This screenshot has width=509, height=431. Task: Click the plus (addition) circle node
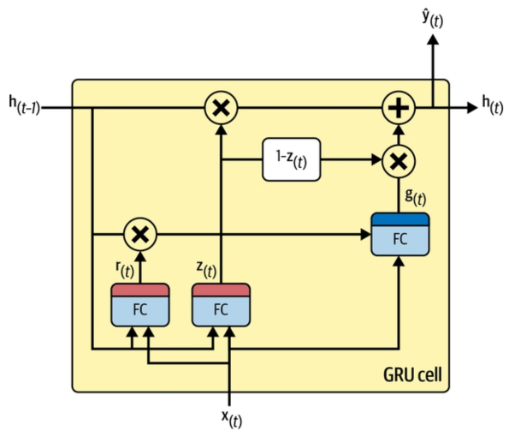399,108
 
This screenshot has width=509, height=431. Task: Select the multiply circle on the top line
221,108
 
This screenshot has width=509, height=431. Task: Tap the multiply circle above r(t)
140,234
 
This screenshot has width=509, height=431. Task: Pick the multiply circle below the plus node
399,161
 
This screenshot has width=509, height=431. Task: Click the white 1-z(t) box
292,159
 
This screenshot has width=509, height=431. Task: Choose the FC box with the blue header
400,235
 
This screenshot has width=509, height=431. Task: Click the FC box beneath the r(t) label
140,305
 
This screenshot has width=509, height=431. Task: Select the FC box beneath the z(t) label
221,305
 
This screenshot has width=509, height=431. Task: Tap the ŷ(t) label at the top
433,19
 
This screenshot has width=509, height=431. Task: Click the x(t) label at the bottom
232,419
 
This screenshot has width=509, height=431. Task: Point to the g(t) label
416,197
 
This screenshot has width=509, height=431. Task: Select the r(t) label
125,269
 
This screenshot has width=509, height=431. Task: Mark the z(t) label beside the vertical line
206,269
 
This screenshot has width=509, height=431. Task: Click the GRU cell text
412,374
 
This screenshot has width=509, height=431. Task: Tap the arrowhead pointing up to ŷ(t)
433,39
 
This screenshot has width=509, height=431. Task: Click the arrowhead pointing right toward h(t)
472,108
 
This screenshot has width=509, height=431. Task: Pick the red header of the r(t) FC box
140,290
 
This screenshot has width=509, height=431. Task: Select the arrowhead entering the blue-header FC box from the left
366,235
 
